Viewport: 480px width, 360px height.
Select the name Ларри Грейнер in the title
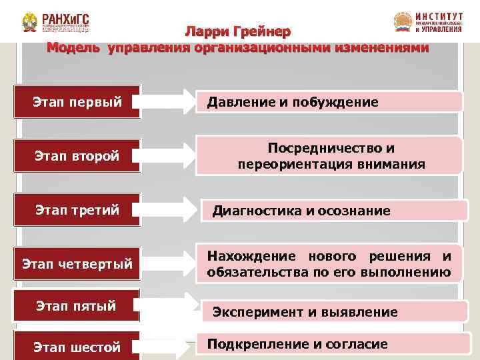click(238, 32)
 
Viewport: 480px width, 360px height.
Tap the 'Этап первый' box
click(77, 102)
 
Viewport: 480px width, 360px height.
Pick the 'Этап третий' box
click(77, 211)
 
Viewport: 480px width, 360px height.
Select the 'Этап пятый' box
click(77, 306)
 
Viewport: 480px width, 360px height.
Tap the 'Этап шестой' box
click(77, 347)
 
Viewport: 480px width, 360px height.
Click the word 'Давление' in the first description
click(239, 102)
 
